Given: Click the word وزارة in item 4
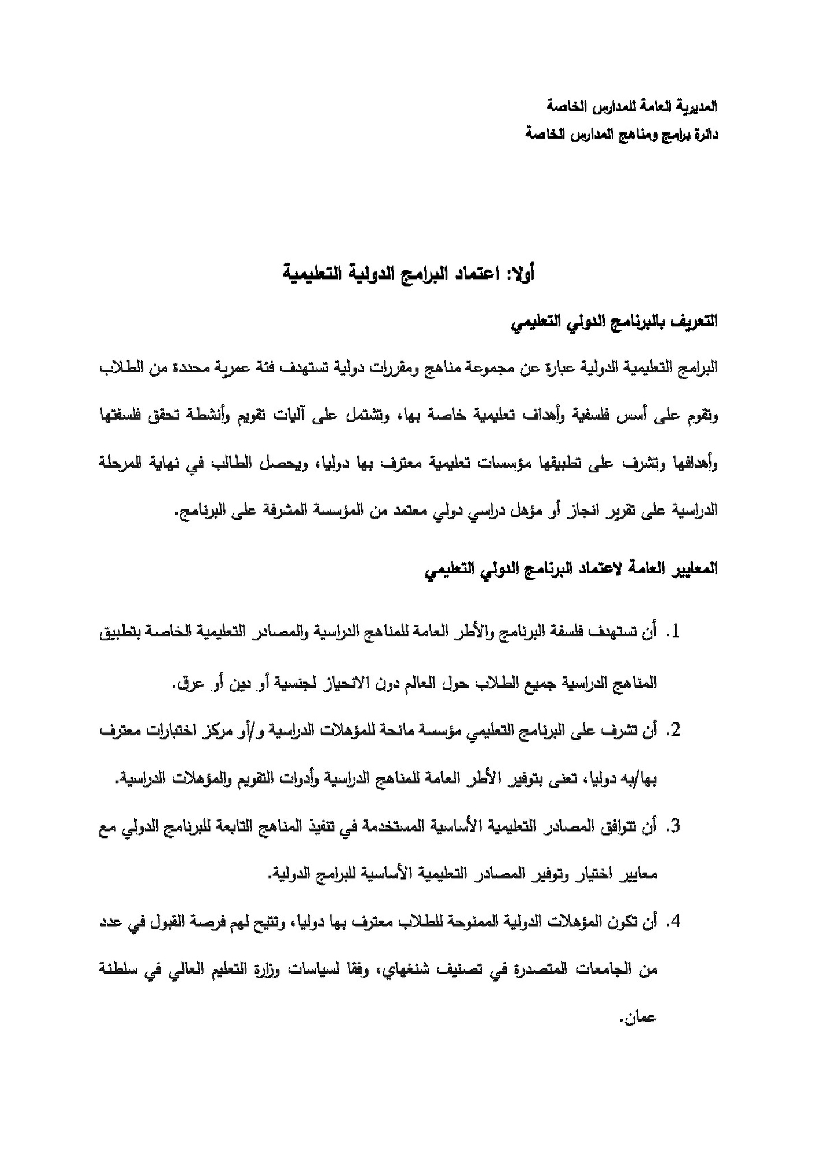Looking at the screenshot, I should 252,970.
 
